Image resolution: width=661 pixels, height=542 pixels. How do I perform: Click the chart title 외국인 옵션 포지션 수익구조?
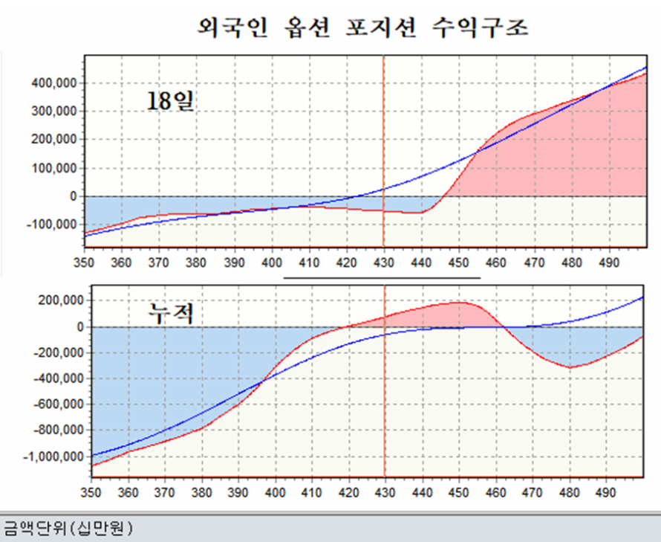[363, 28]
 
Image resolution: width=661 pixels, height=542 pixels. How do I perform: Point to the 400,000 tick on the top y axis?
[55, 83]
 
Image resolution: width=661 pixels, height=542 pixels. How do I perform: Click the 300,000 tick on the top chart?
[55, 112]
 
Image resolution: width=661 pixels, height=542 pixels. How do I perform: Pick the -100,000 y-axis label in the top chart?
[52, 224]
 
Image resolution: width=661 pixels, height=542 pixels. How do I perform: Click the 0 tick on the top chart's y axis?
[74, 196]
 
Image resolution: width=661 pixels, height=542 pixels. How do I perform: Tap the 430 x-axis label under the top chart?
[384, 262]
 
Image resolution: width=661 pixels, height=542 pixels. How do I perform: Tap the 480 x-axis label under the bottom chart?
[570, 492]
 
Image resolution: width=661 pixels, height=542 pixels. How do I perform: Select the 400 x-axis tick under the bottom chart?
[276, 492]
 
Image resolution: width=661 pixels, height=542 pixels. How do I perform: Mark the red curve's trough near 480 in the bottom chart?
[570, 367]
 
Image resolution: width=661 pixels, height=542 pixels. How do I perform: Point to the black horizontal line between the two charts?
[382, 280]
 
